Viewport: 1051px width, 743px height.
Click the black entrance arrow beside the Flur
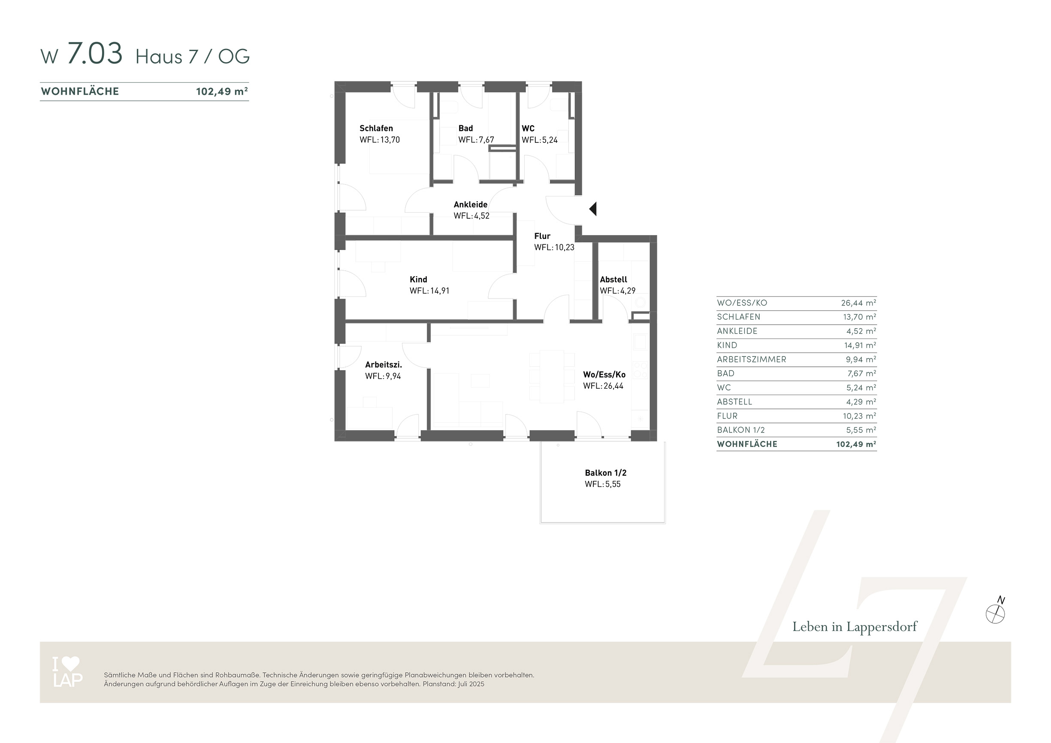coord(593,209)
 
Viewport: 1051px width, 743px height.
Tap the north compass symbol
coord(996,612)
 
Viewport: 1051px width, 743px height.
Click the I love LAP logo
coord(67,672)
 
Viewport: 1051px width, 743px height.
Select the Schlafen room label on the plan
coord(376,128)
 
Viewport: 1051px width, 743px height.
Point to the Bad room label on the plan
coord(465,128)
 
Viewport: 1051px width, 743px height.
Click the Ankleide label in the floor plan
coord(471,205)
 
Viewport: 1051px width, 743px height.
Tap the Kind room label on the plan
coord(418,279)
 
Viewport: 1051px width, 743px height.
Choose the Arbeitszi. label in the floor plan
coord(384,365)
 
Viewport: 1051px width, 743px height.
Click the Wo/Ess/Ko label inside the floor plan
coord(604,375)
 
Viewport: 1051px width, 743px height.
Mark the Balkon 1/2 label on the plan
coord(606,473)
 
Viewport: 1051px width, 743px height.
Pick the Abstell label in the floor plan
coord(613,279)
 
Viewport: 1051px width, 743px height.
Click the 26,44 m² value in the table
coord(859,302)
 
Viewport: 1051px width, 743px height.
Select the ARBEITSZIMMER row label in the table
coord(752,359)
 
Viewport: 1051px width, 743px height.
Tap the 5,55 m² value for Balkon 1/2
coord(861,430)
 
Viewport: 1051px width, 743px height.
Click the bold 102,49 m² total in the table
coord(856,444)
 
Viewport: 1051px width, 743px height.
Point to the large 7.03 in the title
coord(95,53)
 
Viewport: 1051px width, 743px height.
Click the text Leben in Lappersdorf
coord(855,627)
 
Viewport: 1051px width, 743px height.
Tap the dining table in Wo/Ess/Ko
coord(552,376)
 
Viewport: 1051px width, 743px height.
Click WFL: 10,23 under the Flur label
coord(554,247)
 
